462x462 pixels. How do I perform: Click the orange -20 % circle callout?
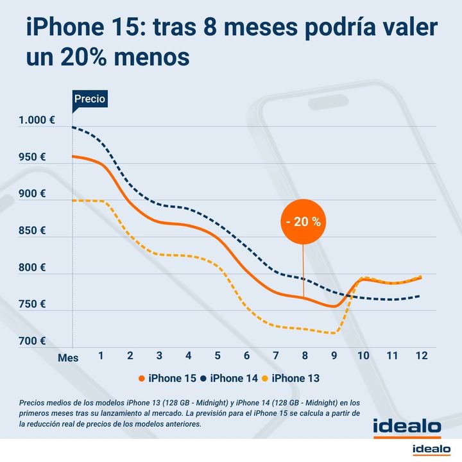click(x=302, y=222)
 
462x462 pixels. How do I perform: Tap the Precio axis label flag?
click(x=89, y=99)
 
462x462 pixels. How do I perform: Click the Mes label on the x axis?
click(x=67, y=358)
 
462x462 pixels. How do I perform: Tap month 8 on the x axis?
click(x=305, y=356)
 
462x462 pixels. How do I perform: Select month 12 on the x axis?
click(x=422, y=356)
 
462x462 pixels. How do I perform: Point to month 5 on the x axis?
click(x=218, y=356)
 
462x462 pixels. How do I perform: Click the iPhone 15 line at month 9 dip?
click(x=334, y=306)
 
